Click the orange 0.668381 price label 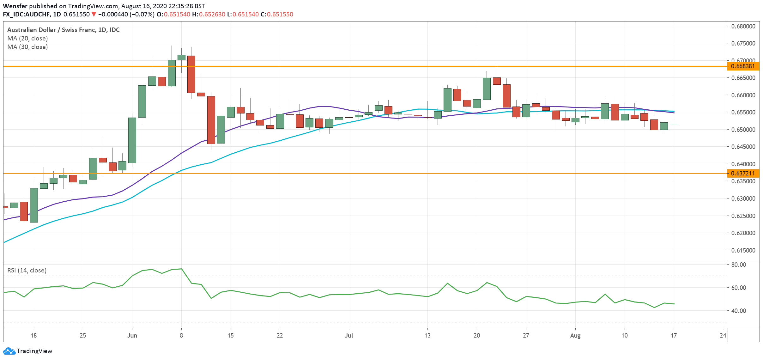743,66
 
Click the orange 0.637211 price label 743,173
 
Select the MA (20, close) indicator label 27,38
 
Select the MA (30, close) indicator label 27,47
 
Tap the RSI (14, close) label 27,270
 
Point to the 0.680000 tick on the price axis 743,26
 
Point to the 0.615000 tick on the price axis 743,250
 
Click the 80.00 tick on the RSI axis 739,265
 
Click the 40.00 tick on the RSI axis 739,311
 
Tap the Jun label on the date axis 132,335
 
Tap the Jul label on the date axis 349,335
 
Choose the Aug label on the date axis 575,335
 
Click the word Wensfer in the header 15,6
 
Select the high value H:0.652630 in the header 209,14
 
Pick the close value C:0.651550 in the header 277,14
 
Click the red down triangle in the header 94,14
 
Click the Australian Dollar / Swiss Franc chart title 63,30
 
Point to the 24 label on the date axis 723,335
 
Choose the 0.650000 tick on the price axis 743,130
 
